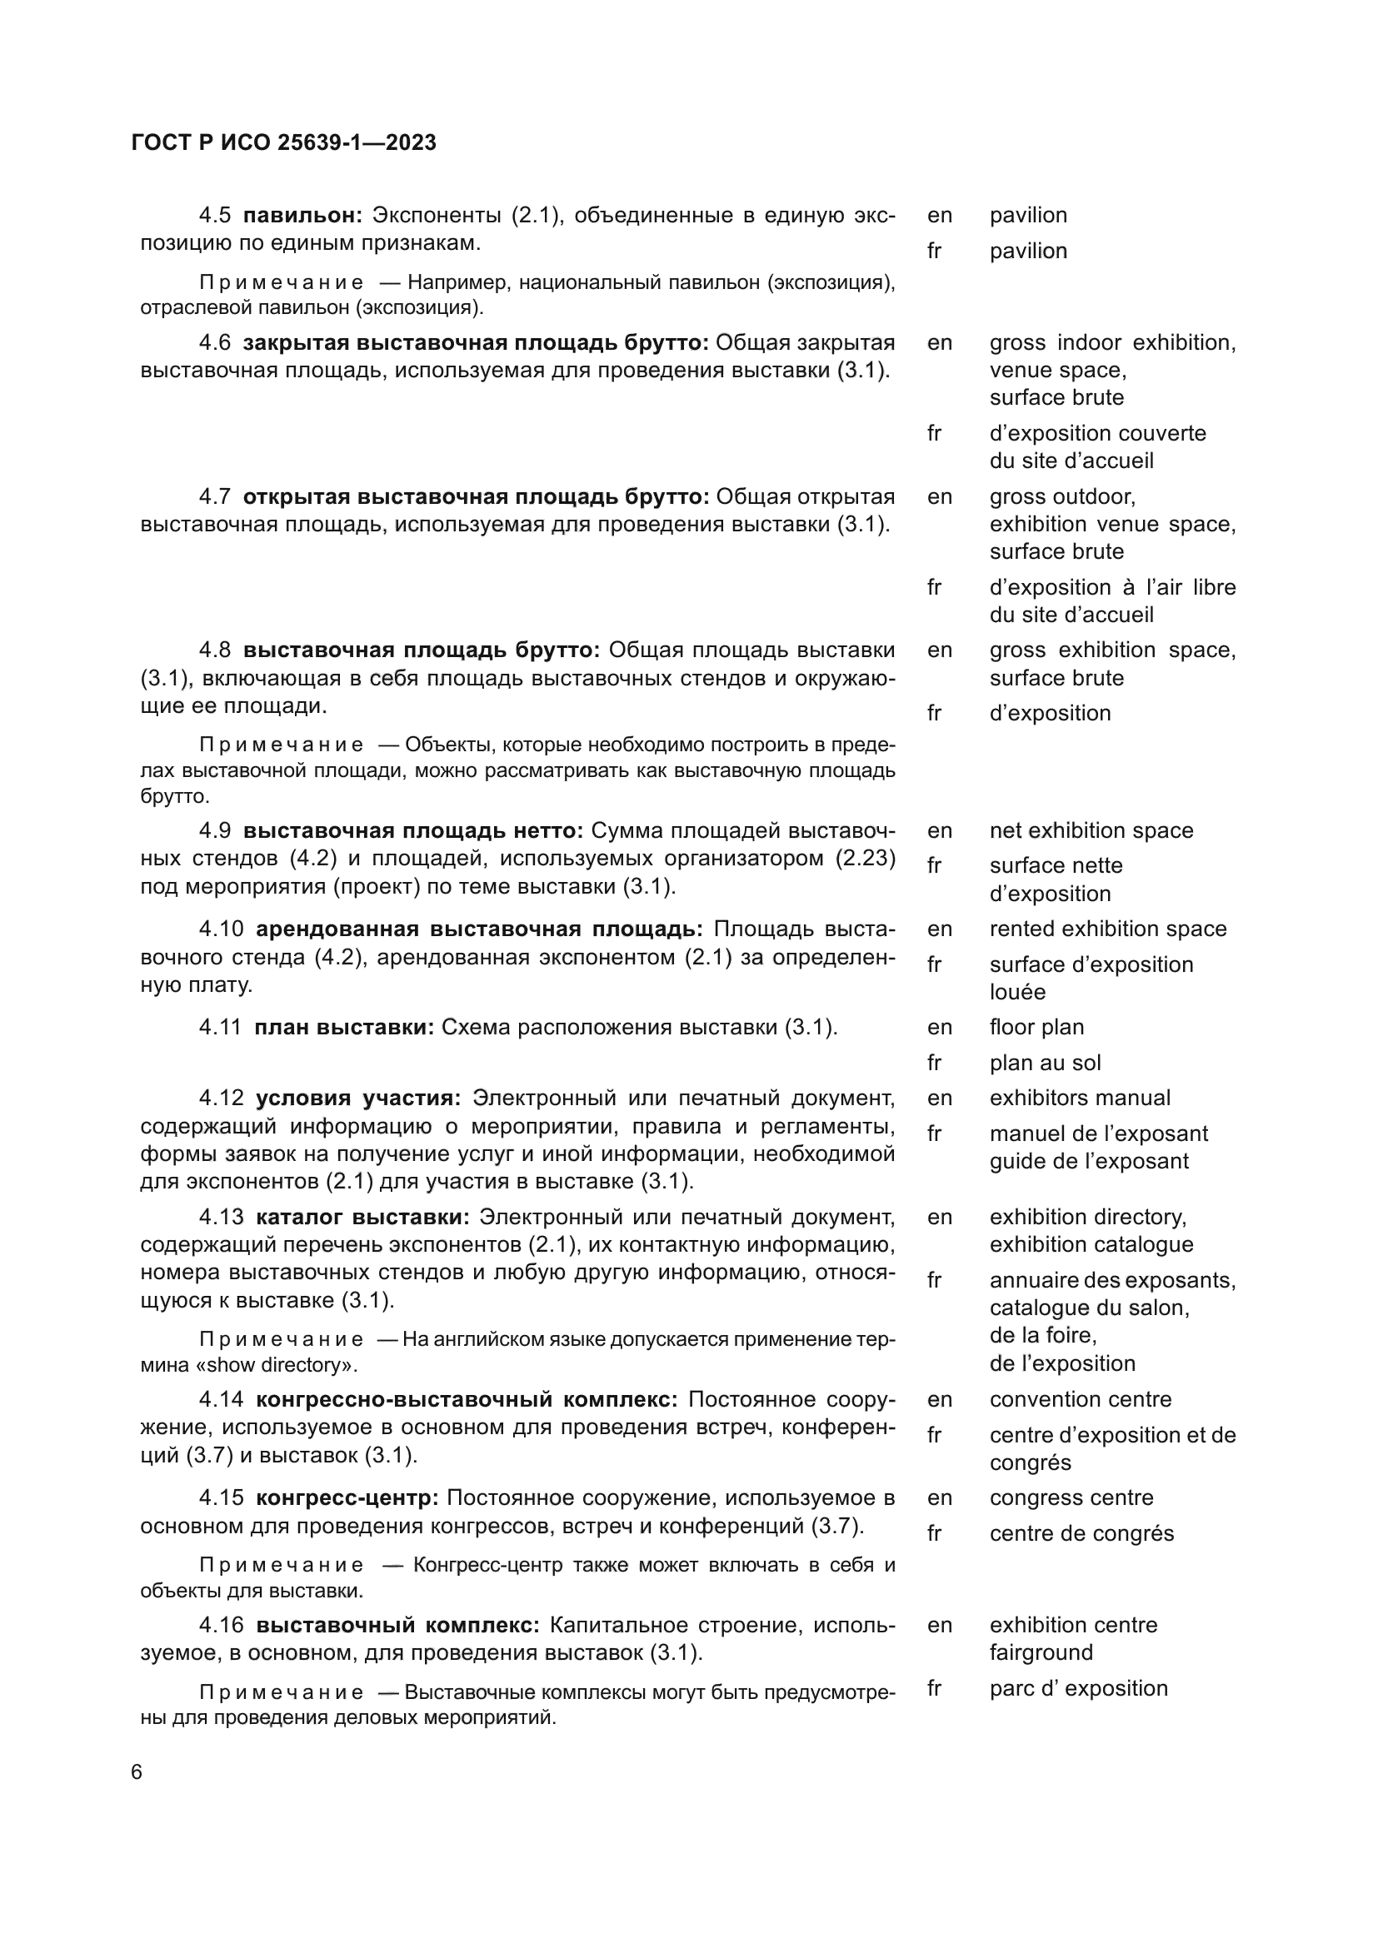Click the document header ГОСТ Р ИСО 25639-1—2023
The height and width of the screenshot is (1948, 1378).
(284, 142)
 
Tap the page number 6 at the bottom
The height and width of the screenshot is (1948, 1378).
(137, 1772)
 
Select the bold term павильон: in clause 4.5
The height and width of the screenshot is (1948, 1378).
(303, 216)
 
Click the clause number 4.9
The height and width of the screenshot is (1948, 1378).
(215, 830)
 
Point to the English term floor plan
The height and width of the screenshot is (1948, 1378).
(1036, 1028)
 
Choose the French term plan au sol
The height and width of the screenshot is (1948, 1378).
(1045, 1063)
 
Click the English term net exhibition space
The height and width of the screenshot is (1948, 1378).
(1091, 830)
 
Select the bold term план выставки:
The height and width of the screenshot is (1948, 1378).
(343, 1028)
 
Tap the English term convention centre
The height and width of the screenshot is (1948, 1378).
(1081, 1399)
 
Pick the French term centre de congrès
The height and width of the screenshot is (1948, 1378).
(1081, 1533)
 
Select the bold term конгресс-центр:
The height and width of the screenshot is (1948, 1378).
(347, 1498)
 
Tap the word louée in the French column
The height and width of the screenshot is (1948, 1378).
(1017, 992)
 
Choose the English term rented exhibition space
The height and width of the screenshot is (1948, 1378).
(1107, 929)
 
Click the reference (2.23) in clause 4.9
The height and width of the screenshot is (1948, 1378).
(866, 859)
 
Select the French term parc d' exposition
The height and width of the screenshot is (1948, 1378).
(1077, 1688)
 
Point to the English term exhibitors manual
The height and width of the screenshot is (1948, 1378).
(1079, 1098)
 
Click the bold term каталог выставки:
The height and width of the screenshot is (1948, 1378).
(362, 1218)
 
